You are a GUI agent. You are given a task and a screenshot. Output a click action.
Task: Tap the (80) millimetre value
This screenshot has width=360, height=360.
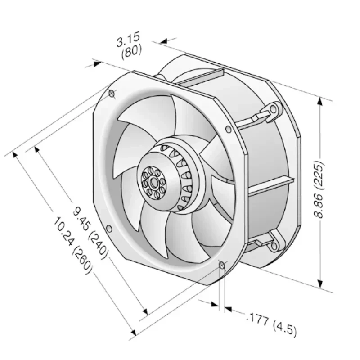[x=131, y=51]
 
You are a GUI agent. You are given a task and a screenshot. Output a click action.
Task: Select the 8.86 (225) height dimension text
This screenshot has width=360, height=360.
[x=320, y=189]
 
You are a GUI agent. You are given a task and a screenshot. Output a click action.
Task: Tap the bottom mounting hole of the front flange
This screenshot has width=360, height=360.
[x=221, y=265]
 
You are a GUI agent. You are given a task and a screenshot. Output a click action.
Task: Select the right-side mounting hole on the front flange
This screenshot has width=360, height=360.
[x=229, y=130]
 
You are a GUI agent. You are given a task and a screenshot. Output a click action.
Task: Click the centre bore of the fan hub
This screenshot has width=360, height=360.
[x=154, y=182]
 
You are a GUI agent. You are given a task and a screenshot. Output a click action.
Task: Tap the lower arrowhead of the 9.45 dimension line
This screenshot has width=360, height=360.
[x=144, y=311]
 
